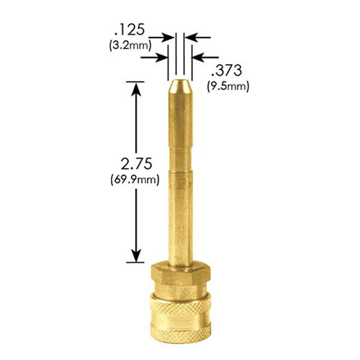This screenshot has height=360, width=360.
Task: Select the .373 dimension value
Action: (224, 71)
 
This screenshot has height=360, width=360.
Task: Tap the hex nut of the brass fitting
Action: (179, 277)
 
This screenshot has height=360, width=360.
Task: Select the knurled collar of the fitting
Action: (179, 311)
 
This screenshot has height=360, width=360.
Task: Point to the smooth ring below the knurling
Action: (179, 335)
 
